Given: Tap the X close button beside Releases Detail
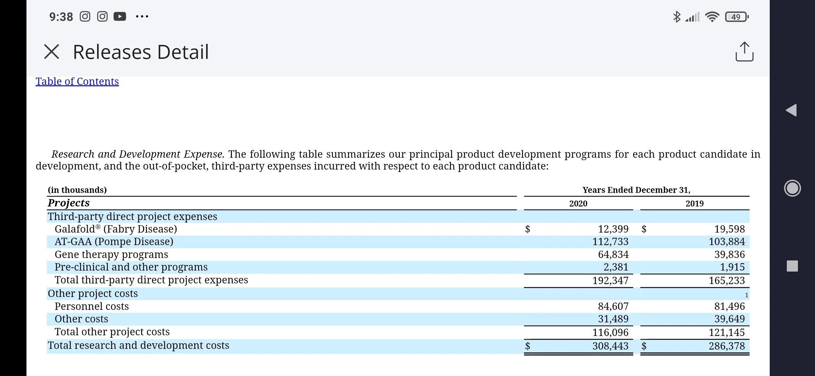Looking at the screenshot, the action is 52,52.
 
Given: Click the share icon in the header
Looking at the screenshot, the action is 744,52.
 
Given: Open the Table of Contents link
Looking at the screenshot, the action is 77,81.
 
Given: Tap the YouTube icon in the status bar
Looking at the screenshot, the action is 120,16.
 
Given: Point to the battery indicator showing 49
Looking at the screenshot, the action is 737,17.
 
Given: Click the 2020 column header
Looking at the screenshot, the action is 578,204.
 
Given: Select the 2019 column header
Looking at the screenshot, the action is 694,204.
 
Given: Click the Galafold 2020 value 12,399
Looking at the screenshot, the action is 613,229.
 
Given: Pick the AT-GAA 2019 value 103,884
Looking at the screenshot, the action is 727,242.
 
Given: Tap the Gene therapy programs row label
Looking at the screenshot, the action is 111,254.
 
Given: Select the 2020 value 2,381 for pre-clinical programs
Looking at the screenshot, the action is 616,267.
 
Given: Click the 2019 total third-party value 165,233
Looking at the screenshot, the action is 727,281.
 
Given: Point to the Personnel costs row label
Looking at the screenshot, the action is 92,306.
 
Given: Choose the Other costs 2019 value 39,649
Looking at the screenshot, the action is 730,319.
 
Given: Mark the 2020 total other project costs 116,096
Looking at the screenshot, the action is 611,332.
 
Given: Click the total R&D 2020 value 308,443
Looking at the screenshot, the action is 611,346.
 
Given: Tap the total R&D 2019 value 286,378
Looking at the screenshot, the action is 727,346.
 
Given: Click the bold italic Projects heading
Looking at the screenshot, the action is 69,203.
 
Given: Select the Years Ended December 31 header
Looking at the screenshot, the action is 636,190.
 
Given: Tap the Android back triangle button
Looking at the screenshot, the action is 791,110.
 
